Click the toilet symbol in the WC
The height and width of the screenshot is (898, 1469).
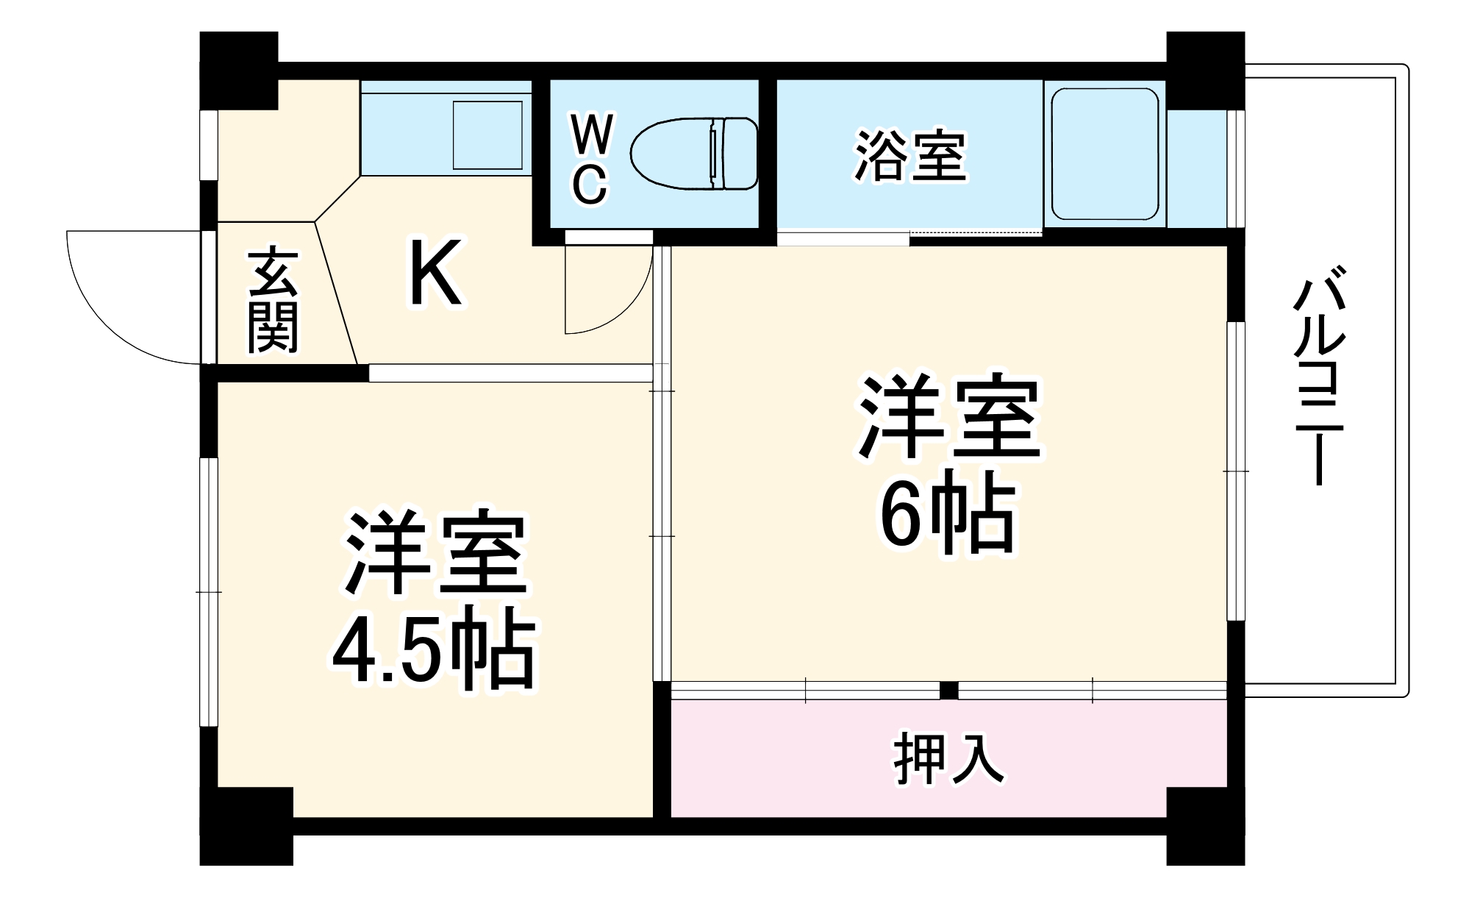click(x=694, y=153)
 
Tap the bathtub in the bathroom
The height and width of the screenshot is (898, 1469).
click(x=1104, y=154)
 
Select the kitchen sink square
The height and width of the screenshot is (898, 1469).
click(x=487, y=135)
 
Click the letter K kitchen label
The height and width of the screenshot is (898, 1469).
click(x=435, y=273)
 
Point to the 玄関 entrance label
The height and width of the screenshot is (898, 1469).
click(x=273, y=302)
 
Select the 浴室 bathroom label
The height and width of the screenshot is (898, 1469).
click(x=909, y=156)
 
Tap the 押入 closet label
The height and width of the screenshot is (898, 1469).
click(x=948, y=758)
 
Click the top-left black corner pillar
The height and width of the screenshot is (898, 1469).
click(x=238, y=70)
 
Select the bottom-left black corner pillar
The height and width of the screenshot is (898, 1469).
click(x=246, y=825)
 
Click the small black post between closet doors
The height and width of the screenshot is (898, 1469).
click(x=948, y=691)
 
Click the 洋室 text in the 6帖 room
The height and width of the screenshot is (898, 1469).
click(x=948, y=417)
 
